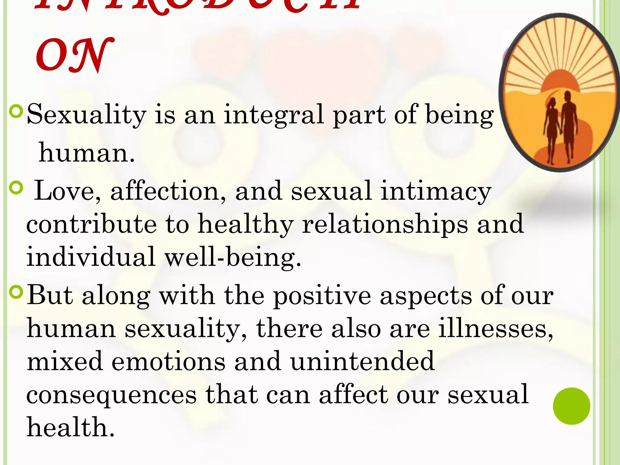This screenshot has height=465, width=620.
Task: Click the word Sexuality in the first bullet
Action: tap(86, 115)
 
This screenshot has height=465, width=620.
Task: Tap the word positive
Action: tap(322, 296)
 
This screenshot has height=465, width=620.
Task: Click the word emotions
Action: tap(168, 361)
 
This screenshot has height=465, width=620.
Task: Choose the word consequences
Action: tap(111, 395)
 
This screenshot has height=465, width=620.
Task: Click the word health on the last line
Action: tap(71, 427)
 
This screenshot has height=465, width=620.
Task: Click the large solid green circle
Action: tap(571, 406)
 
